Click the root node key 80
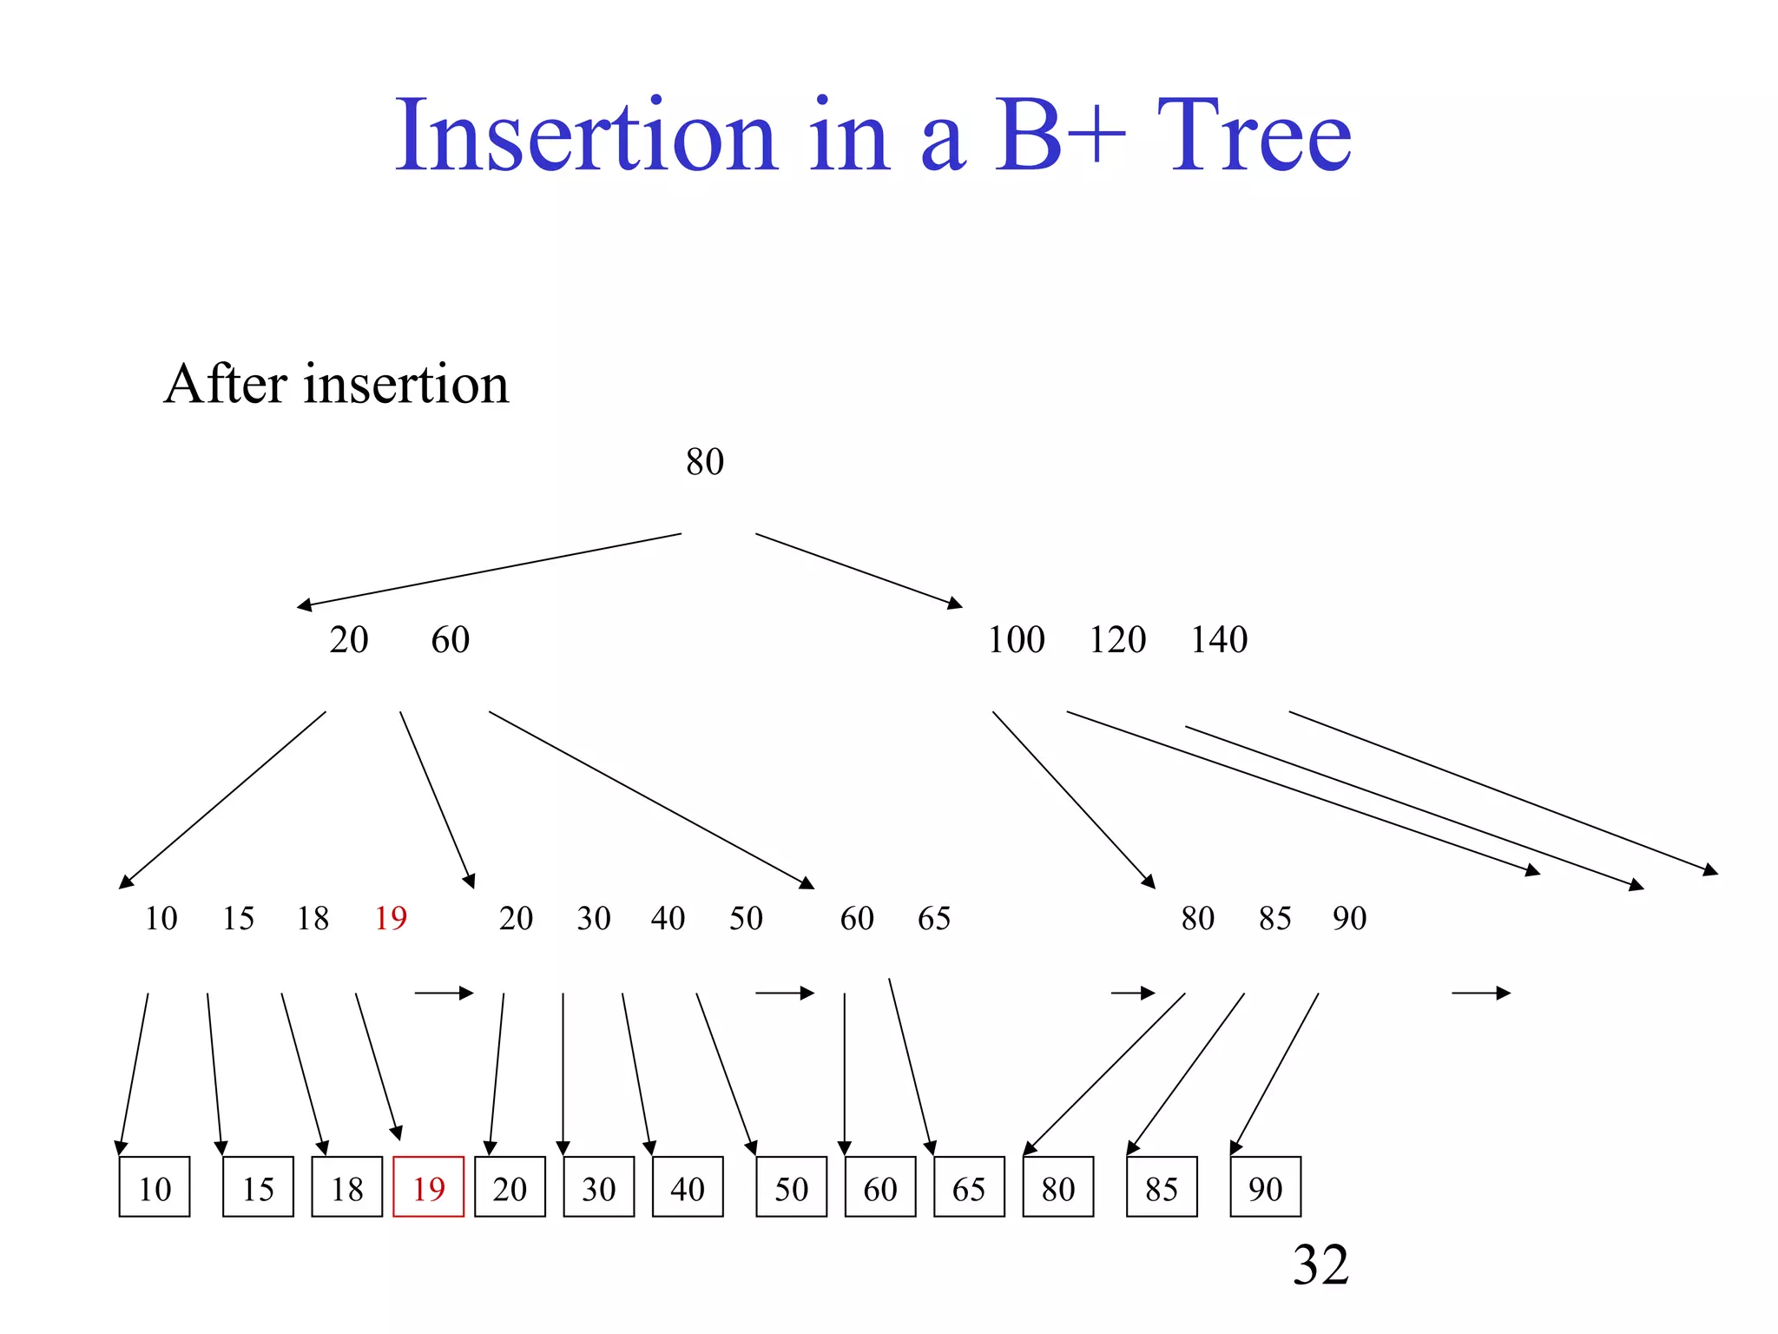coord(704,462)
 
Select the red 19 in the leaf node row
coord(391,918)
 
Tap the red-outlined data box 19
coord(428,1187)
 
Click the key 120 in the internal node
coord(1117,640)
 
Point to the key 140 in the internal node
coord(1218,640)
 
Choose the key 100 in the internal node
coord(1016,640)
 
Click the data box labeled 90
coord(1265,1187)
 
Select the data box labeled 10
coord(155,1187)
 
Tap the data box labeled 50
coord(791,1187)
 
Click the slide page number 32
coord(1320,1265)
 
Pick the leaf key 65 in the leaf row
coord(934,918)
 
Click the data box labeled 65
coord(969,1187)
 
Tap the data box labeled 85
coord(1162,1187)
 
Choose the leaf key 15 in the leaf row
coord(238,918)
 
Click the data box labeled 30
coord(598,1187)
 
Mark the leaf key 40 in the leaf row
coord(668,918)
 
